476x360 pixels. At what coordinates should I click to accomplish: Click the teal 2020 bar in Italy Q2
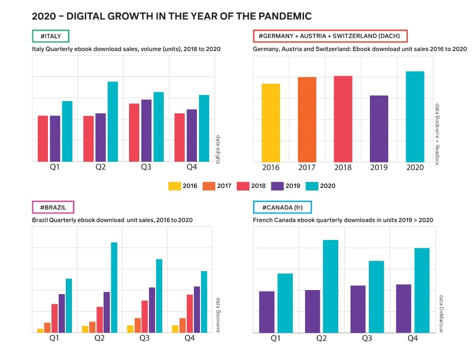(x=112, y=122)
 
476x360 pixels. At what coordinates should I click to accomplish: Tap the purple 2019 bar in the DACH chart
(x=379, y=128)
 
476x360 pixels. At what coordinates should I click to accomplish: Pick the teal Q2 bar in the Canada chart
(x=331, y=286)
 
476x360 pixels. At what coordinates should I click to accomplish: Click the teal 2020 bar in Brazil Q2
(x=114, y=287)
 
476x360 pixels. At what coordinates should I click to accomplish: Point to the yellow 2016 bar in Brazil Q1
(x=40, y=330)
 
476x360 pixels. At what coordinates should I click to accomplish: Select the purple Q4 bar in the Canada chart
(x=404, y=308)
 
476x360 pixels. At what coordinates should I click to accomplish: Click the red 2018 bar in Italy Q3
(x=134, y=133)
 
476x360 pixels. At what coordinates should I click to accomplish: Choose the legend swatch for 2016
(x=174, y=186)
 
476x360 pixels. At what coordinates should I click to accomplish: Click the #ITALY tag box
(x=50, y=36)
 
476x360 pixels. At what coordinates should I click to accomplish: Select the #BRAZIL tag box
(x=53, y=207)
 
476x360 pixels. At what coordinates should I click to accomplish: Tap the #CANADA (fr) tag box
(x=282, y=207)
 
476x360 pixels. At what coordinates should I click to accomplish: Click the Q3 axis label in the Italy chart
(x=146, y=167)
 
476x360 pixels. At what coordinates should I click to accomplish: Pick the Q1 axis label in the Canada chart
(x=275, y=338)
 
